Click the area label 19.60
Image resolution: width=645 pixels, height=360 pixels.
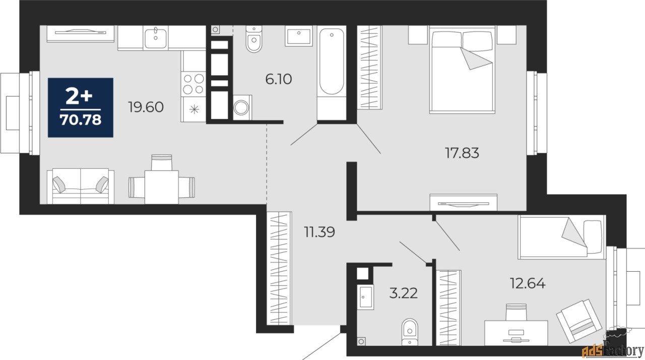[146, 107]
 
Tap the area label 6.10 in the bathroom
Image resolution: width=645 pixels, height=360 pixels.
[279, 79]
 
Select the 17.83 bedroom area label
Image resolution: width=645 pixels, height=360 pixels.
[462, 152]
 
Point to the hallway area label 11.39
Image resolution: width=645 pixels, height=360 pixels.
[319, 232]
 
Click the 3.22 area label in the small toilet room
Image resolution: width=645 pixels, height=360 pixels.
[404, 293]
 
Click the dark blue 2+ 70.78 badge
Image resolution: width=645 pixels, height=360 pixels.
[81, 107]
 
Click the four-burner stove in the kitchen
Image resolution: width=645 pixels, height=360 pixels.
[193, 84]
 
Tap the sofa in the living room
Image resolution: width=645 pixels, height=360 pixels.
[81, 187]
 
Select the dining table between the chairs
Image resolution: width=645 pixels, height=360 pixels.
[162, 187]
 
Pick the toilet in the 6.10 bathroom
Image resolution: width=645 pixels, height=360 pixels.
[254, 39]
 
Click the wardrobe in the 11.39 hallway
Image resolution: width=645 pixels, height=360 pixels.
[279, 268]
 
